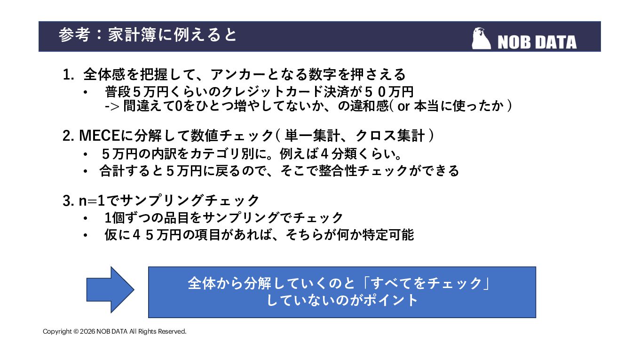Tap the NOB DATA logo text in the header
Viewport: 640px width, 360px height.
coord(537,43)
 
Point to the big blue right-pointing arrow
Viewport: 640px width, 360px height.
coord(111,290)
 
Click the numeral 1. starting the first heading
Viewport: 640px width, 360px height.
coord(68,75)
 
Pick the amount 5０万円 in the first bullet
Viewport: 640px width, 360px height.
coord(389,92)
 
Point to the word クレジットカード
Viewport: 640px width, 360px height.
coord(272,92)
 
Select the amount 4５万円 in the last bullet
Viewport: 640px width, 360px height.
coord(157,235)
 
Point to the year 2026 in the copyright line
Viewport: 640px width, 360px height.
coord(87,331)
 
